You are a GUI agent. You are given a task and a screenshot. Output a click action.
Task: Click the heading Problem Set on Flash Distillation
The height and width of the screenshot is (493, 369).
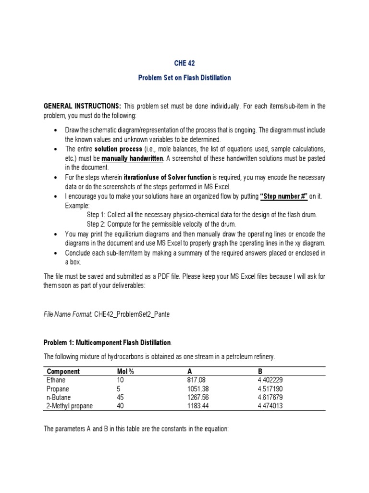click(184, 78)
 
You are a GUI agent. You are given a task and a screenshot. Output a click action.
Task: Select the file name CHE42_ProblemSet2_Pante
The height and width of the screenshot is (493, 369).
click(128, 314)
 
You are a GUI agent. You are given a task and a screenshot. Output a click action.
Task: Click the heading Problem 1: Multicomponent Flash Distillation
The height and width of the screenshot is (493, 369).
click(107, 342)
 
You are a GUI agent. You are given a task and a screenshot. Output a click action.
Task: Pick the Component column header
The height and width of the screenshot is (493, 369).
click(63, 372)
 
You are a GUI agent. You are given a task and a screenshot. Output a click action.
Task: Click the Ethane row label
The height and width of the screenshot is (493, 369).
click(57, 380)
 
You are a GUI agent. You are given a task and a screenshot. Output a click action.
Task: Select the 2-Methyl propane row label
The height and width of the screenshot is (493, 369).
click(70, 406)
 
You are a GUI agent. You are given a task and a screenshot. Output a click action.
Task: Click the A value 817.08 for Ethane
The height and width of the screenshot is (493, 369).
click(197, 380)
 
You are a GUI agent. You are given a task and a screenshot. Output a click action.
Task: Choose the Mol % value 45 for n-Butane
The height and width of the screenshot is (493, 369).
click(121, 397)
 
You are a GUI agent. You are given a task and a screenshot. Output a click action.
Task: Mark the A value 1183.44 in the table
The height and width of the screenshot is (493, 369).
click(199, 406)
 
